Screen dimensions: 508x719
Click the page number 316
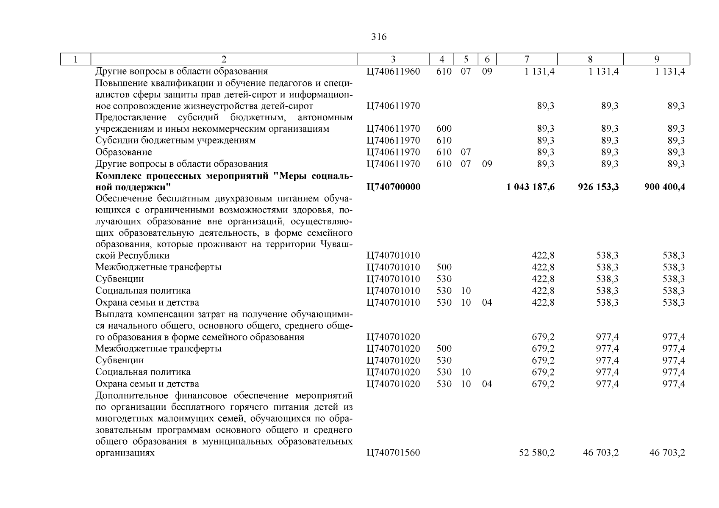[378, 37]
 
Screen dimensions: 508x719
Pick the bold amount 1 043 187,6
[530, 187]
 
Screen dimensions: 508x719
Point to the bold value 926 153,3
[598, 187]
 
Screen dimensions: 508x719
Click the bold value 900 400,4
[664, 187]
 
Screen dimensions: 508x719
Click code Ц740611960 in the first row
[393, 72]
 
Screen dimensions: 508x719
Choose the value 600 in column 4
[444, 129]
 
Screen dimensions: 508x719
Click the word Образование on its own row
[123, 152]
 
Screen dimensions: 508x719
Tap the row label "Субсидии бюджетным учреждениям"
[175, 141]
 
